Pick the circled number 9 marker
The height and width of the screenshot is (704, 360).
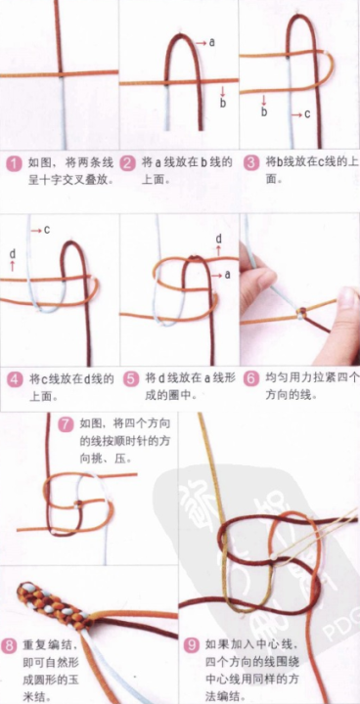coord(192,645)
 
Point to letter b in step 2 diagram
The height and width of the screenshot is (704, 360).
coord(223,102)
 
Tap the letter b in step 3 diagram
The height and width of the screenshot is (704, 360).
coord(263,111)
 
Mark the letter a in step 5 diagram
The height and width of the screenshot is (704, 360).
coord(228,275)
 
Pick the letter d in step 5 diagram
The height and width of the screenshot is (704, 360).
coord(217,239)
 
